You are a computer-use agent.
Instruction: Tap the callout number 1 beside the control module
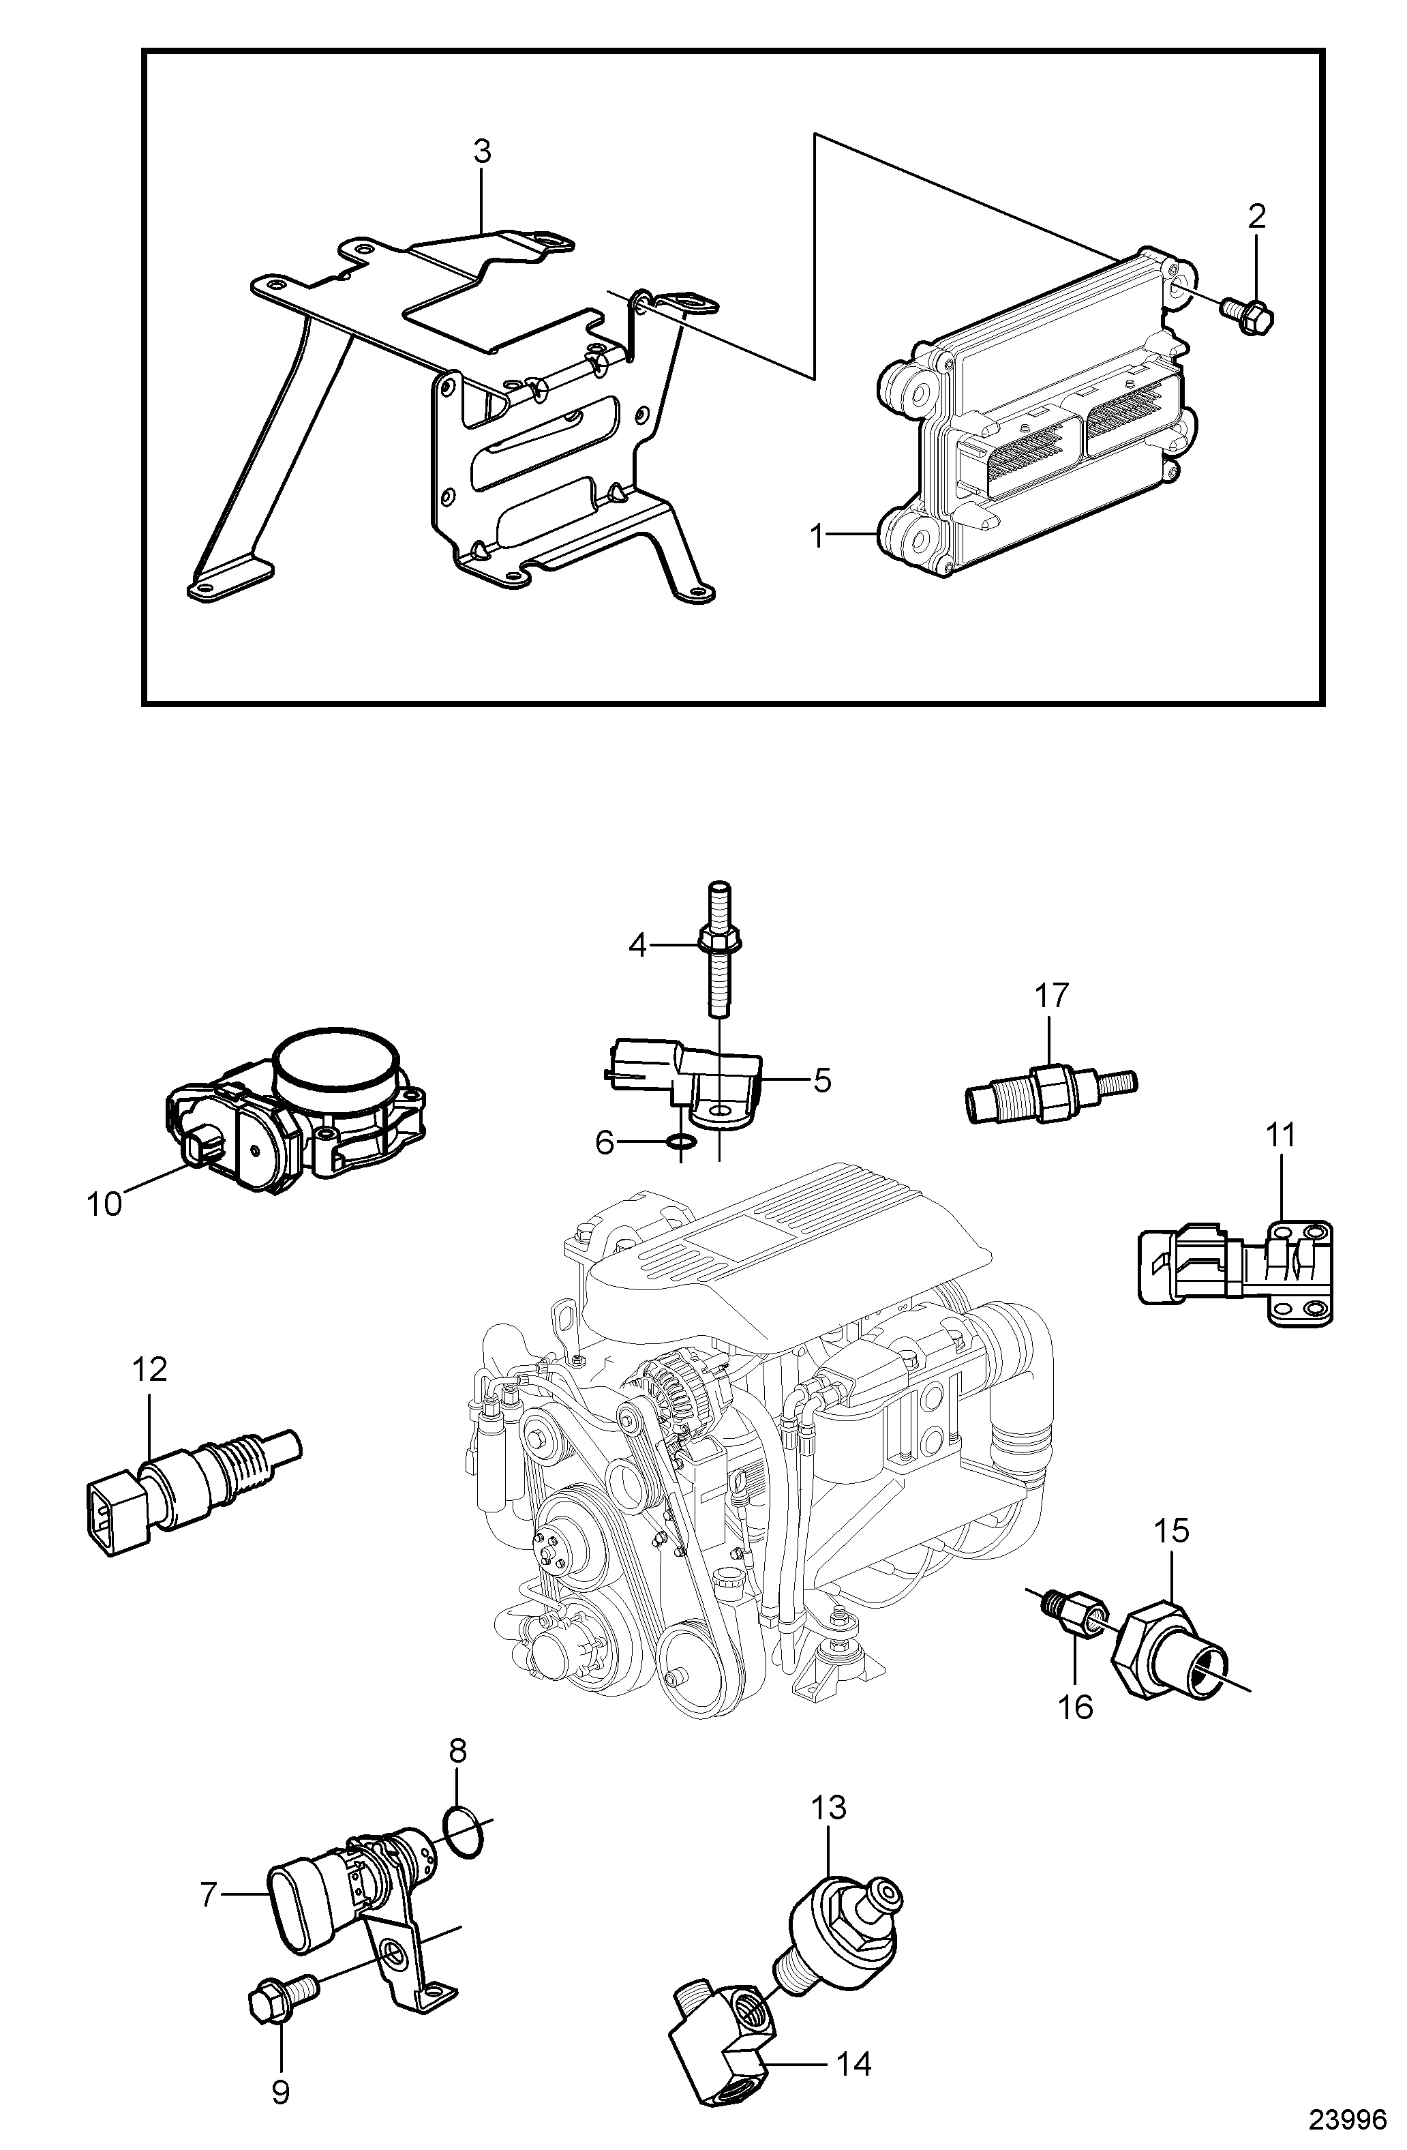(x=817, y=537)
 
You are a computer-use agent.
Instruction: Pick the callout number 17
(x=1052, y=996)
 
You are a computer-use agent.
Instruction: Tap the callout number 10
(x=105, y=1204)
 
